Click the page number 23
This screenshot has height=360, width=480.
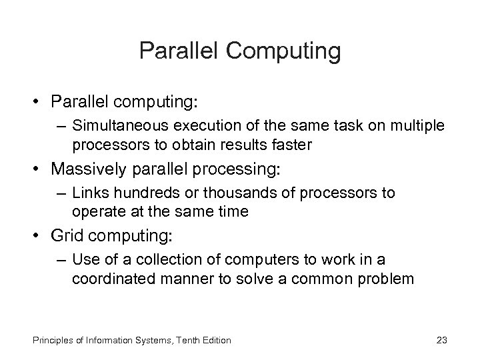pos(441,340)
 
